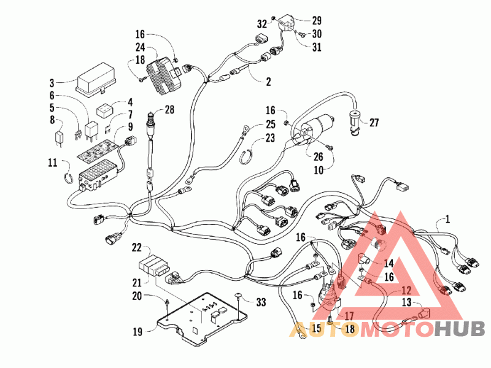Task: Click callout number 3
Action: point(52,83)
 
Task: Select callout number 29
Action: point(317,20)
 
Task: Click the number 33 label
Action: point(261,302)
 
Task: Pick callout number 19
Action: point(137,331)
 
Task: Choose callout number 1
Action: point(447,218)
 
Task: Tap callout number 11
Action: point(52,163)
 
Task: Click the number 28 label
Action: point(169,109)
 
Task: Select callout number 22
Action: point(137,248)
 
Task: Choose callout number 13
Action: point(406,302)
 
